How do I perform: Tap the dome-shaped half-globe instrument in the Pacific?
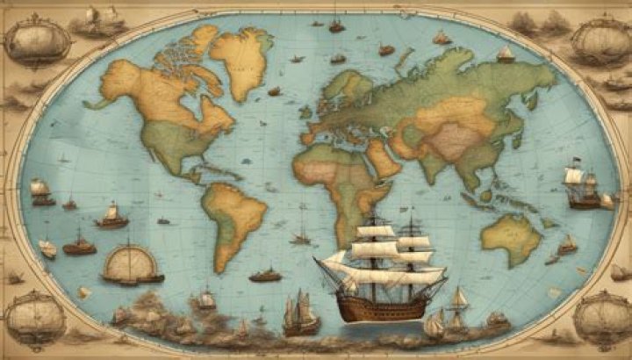pyautogui.click(x=130, y=264)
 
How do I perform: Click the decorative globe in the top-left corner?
pyautogui.click(x=37, y=40)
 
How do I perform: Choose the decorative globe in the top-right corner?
pyautogui.click(x=599, y=37)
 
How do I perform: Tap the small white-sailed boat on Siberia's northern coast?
pyautogui.click(x=505, y=54)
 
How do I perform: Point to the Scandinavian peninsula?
pyautogui.click(x=343, y=83)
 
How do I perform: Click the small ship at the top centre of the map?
pyautogui.click(x=336, y=25)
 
